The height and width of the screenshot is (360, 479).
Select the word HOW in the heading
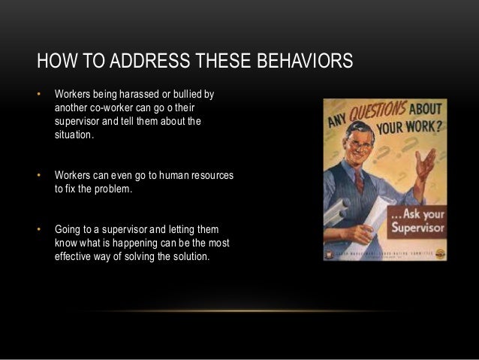(53, 61)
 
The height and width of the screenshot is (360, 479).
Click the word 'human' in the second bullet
(173, 175)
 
